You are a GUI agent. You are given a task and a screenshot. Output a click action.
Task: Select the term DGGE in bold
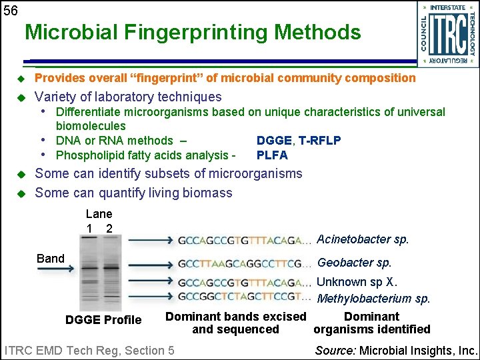click(274, 140)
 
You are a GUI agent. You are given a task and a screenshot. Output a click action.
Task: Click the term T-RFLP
click(319, 140)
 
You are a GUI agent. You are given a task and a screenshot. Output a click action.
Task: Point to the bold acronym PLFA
click(272, 155)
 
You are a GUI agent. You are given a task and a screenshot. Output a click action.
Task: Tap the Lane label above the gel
click(99, 214)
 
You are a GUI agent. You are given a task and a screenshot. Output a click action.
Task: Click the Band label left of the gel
click(51, 258)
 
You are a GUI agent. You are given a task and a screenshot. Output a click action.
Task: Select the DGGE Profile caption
click(103, 320)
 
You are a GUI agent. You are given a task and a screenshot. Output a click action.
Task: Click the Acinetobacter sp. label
click(363, 239)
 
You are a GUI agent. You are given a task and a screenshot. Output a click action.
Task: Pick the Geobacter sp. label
click(354, 263)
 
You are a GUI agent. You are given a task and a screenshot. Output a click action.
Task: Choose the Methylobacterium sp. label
click(373, 299)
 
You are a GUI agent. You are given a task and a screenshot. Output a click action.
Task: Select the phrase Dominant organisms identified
click(371, 323)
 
